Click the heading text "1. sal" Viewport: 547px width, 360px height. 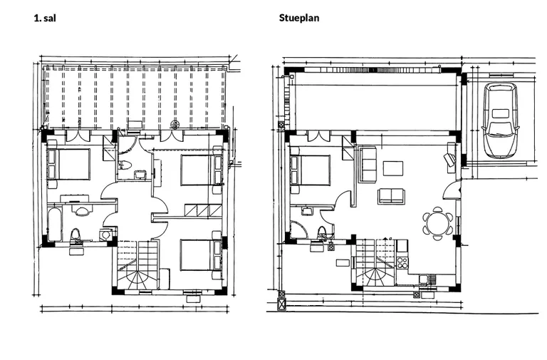click(45, 18)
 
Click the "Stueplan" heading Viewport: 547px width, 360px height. click(299, 18)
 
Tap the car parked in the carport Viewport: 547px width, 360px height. click(500, 120)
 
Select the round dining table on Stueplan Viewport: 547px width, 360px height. click(438, 223)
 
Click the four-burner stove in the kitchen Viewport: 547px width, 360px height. click(402, 262)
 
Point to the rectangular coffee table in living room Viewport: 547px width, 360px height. click(393, 168)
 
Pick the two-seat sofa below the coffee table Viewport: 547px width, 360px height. click(391, 196)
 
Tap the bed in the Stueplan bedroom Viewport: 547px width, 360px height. click(310, 170)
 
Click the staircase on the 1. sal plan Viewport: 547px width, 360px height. click(138, 265)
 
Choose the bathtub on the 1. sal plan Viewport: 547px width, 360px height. click(55, 224)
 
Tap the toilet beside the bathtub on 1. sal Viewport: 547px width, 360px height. click(75, 235)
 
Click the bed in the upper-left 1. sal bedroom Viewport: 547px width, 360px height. click(68, 165)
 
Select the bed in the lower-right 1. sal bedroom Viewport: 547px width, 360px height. click(202, 254)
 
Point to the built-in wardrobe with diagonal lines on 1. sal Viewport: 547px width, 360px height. click(204, 210)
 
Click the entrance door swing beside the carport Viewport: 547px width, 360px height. click(452, 190)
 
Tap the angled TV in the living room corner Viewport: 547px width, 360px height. click(449, 158)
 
